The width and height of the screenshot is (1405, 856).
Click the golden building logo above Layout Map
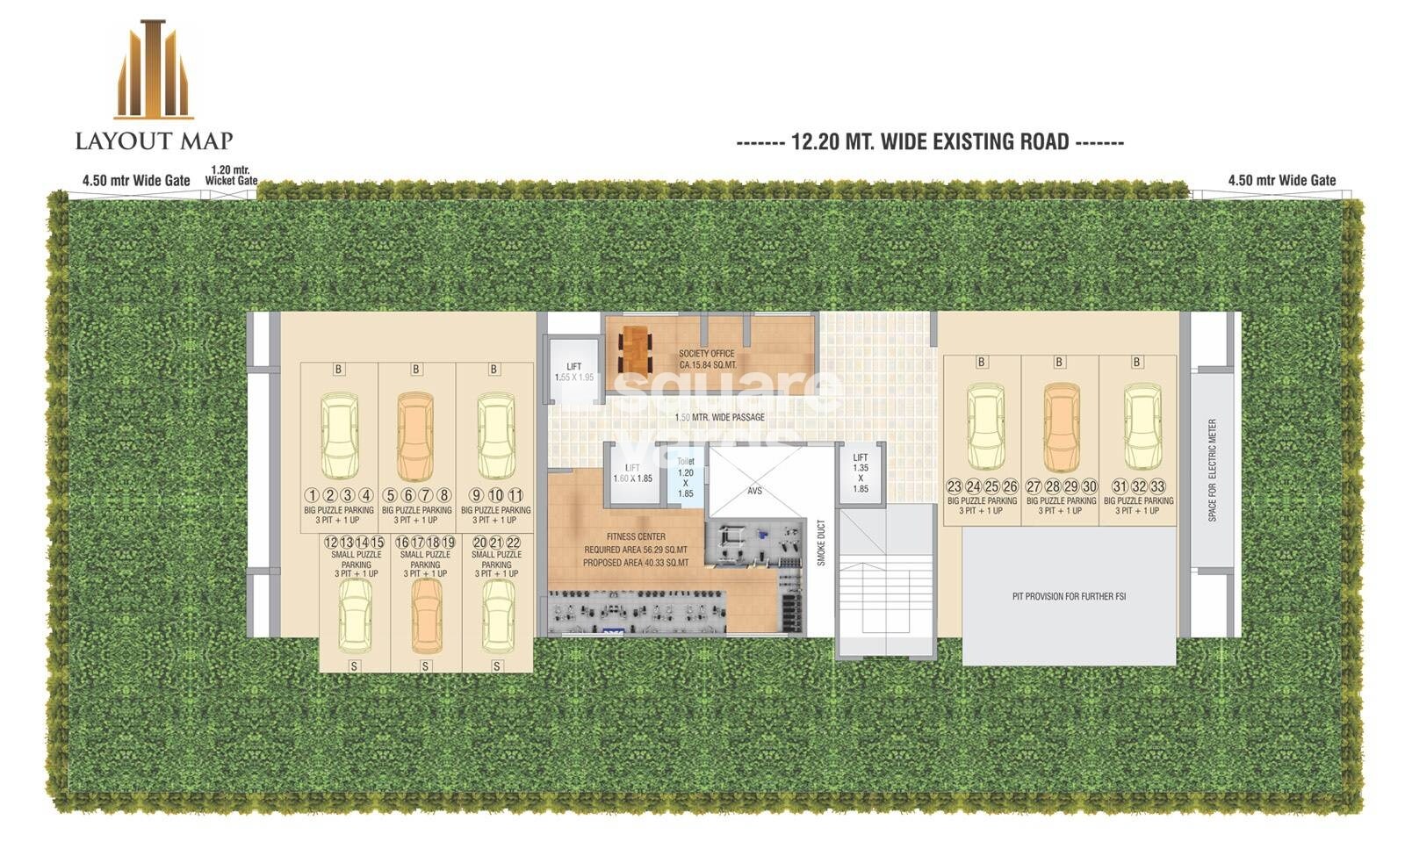pos(154,70)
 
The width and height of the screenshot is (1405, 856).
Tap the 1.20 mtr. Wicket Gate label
pos(231,176)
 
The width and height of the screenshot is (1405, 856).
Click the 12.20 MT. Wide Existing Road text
pos(930,142)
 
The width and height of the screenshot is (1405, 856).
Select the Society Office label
pos(707,359)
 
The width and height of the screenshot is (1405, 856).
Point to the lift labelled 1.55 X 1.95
pos(573,372)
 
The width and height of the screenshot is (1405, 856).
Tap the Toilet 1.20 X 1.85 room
pos(685,478)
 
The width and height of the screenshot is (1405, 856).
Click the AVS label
pos(754,491)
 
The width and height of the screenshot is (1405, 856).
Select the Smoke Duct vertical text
pos(821,543)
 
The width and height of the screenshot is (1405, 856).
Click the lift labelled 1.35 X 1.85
pos(860,473)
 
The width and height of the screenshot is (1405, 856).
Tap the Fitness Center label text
pos(636,536)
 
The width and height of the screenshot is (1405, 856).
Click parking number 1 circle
pos(311,495)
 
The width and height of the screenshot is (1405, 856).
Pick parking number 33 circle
pos(1157,486)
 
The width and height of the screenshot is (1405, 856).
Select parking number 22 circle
pos(514,543)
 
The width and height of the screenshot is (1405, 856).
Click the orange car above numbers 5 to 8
pos(415,435)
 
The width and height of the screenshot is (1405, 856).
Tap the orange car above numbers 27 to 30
pos(1061,428)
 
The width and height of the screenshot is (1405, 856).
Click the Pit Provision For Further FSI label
pos(1069,597)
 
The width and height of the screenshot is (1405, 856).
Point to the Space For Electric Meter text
pos(1213,471)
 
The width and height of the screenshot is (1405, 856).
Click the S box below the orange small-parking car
pos(425,666)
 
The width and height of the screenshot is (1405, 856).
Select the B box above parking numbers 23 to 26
pos(981,362)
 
